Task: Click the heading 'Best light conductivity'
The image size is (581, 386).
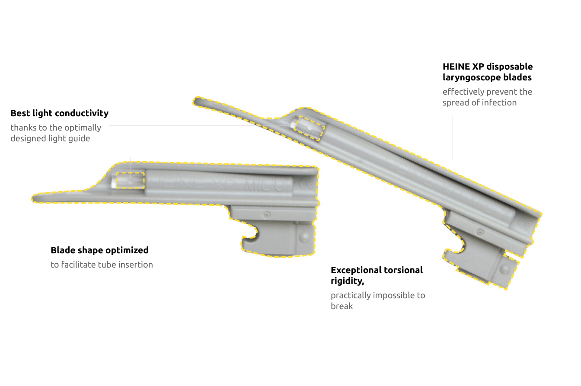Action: click(x=59, y=113)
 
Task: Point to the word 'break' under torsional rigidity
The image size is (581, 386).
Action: click(x=342, y=306)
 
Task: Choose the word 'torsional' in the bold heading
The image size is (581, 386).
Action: click(x=404, y=270)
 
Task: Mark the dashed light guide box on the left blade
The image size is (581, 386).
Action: click(x=130, y=180)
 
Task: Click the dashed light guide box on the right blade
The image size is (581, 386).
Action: click(x=309, y=128)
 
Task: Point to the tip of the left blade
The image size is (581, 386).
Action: click(x=35, y=198)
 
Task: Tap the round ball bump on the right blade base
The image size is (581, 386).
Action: click(x=504, y=269)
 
